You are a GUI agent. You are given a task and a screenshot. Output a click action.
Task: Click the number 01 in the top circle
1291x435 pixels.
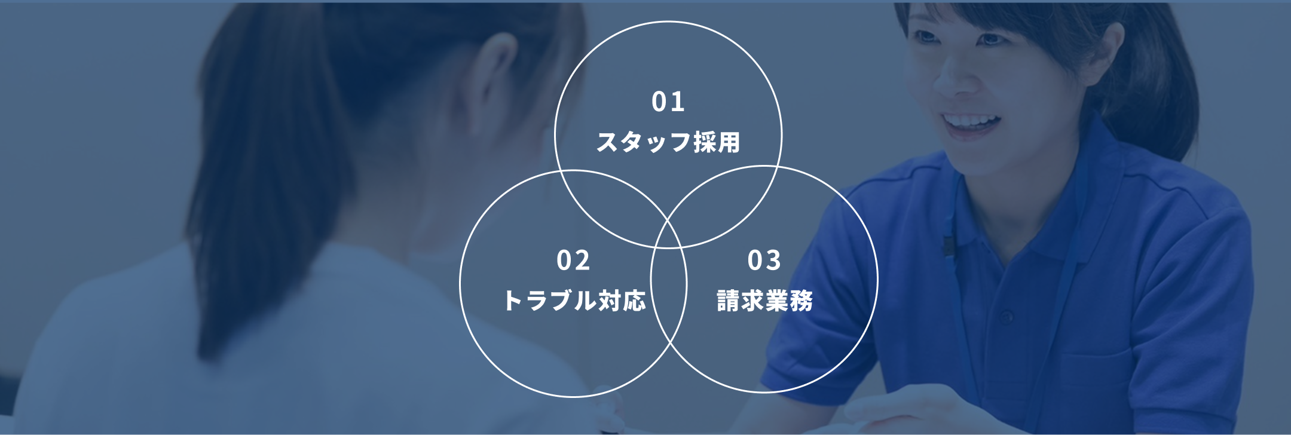click(668, 102)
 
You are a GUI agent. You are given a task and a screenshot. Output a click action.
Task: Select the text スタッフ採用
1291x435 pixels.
click(668, 142)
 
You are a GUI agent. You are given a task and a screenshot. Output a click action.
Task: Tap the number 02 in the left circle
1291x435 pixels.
click(573, 261)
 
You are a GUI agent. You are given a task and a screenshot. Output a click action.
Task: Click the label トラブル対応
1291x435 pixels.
click(574, 301)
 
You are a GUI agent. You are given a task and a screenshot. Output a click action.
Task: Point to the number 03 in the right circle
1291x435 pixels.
click(764, 261)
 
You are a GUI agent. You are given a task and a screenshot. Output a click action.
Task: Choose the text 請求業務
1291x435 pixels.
click(764, 301)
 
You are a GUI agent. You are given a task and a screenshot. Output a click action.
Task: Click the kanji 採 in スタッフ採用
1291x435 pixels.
click(705, 142)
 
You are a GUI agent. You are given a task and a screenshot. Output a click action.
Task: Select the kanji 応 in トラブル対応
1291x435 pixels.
click(635, 301)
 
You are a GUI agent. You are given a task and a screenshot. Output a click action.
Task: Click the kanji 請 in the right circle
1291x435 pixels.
click(729, 301)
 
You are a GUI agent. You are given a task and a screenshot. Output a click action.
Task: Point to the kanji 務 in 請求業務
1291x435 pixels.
click(801, 301)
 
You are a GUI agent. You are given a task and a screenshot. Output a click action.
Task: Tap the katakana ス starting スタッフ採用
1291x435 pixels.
click(608, 142)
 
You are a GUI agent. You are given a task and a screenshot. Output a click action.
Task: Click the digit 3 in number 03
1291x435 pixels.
click(773, 261)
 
